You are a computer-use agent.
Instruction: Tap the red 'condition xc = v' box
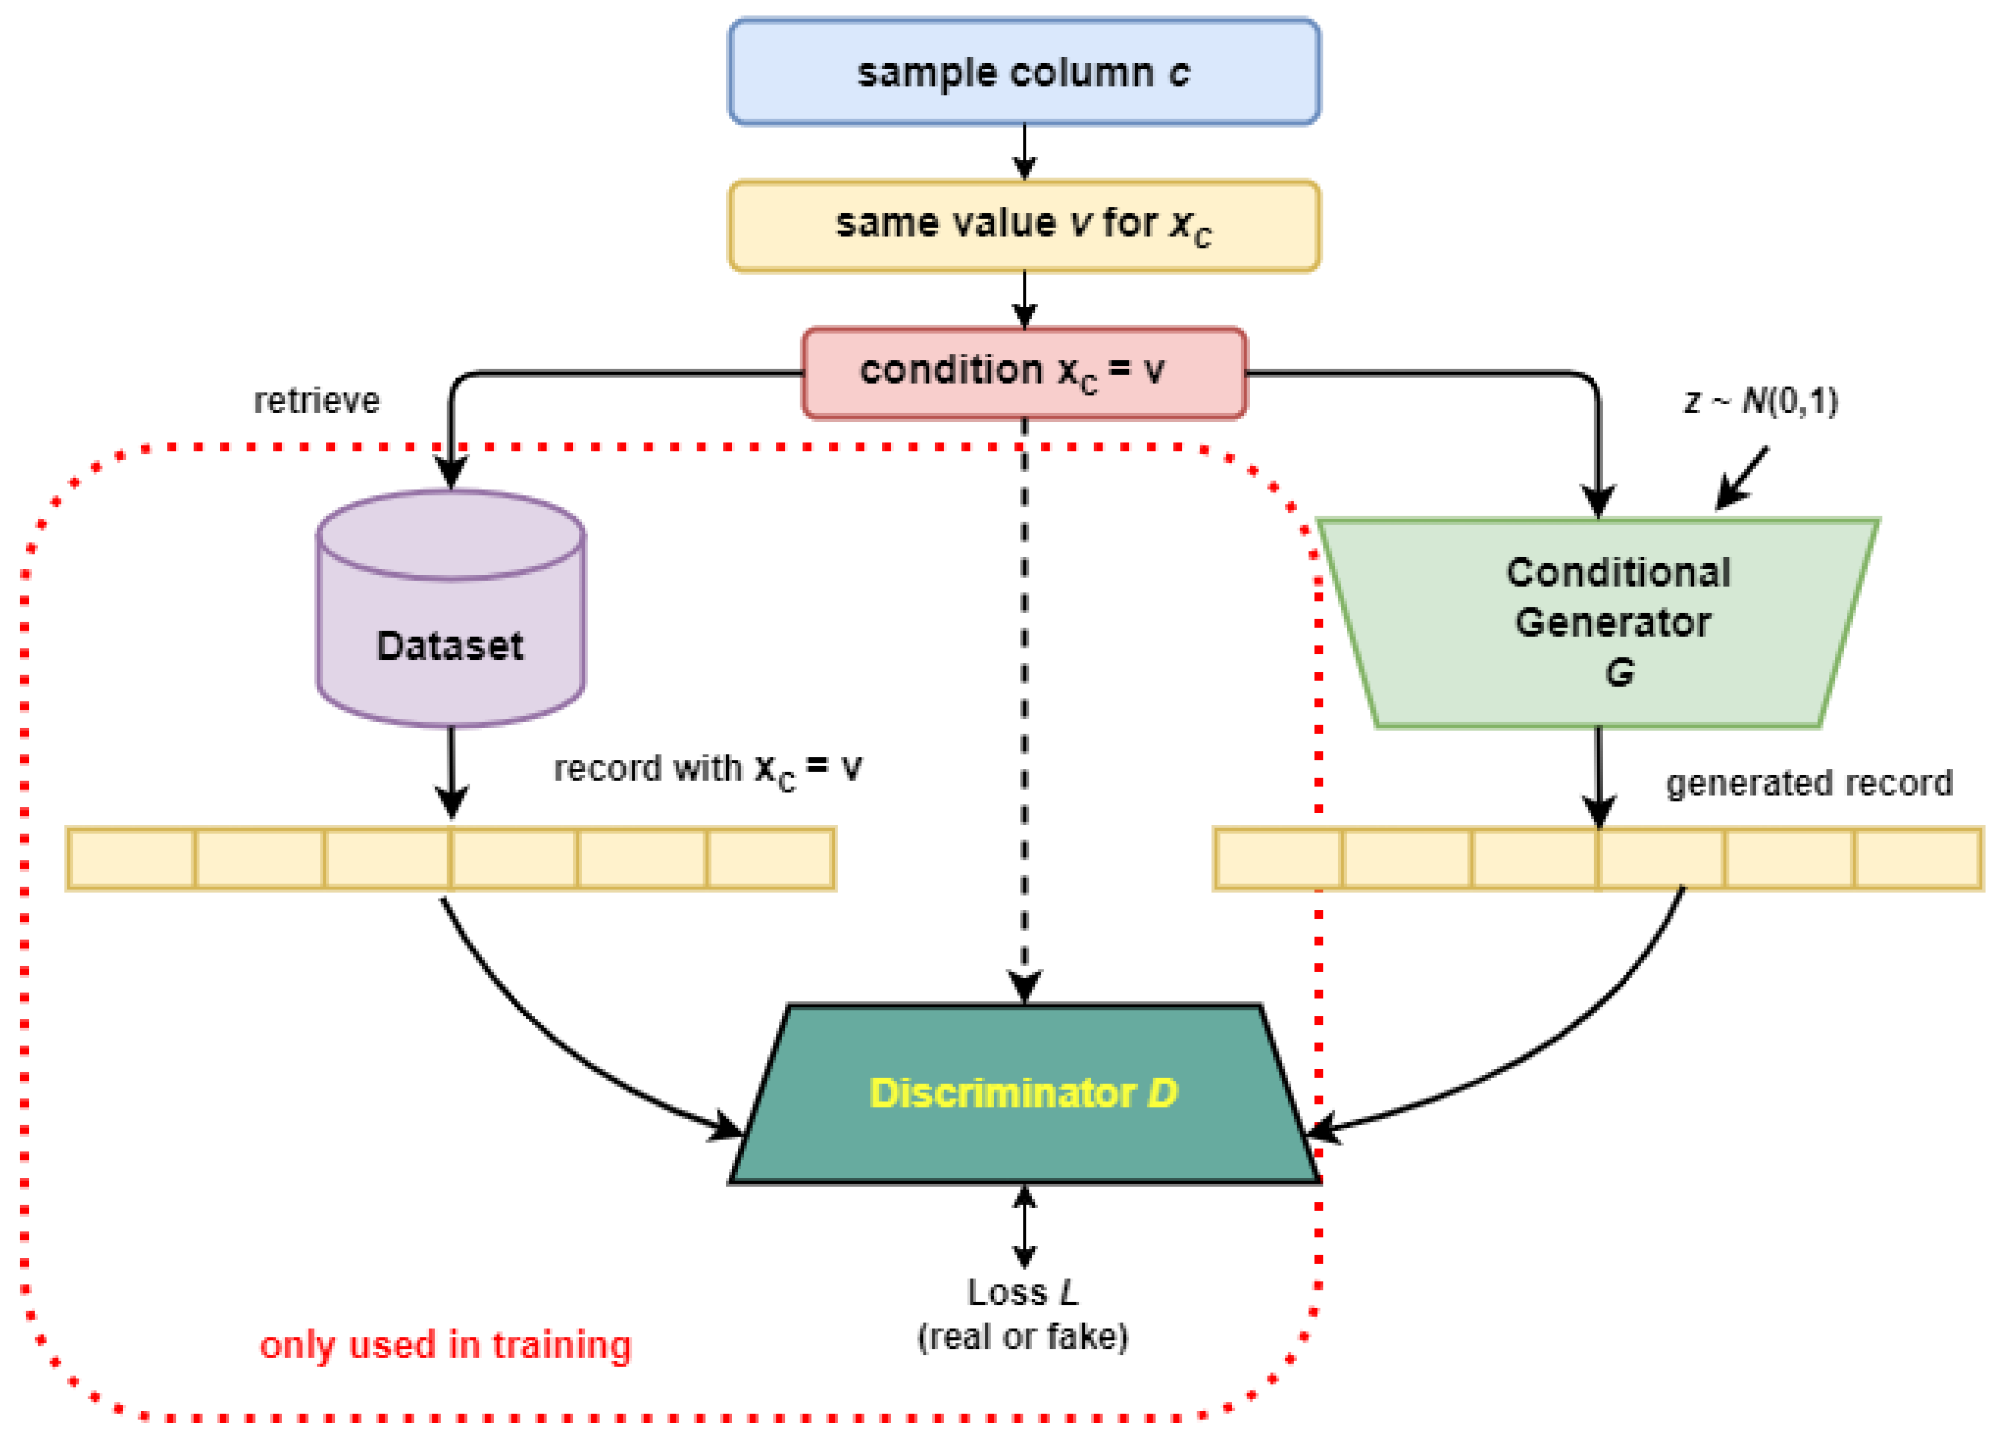coord(1024,372)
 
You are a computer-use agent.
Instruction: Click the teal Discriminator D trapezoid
coord(1024,1094)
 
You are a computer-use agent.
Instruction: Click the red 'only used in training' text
coord(446,1345)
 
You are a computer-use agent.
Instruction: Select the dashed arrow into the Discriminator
coord(1024,706)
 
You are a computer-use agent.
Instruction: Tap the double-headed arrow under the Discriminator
coord(1024,1226)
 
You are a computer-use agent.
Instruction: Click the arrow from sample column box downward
coord(1024,152)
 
